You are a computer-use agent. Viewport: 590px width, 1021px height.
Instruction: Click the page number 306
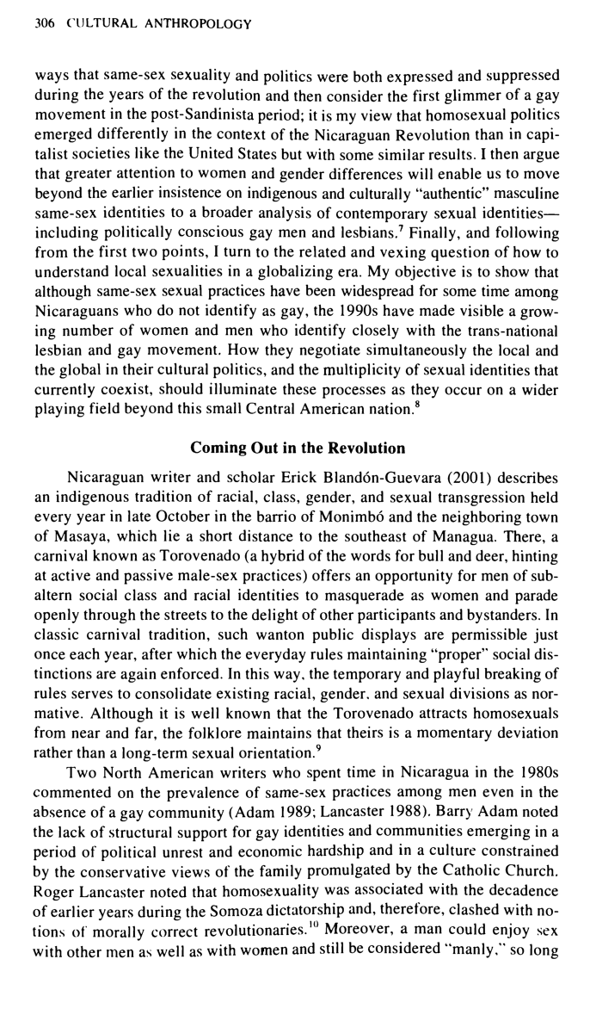(x=43, y=23)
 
